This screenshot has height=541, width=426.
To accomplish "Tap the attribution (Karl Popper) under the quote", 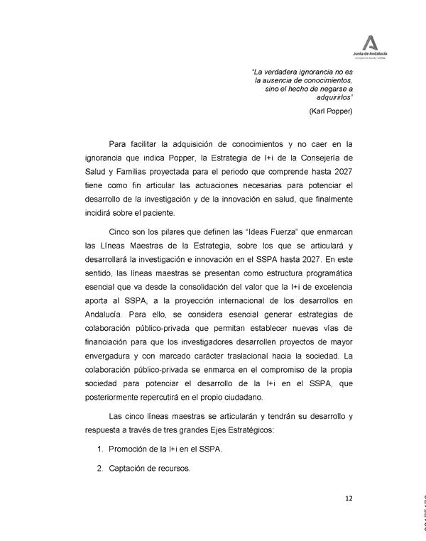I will (x=332, y=112).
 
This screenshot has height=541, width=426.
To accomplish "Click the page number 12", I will (x=349, y=498).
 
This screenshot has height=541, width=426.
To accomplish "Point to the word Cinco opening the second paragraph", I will (x=121, y=233).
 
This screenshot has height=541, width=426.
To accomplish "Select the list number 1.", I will (x=99, y=449).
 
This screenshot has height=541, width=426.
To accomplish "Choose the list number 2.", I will (x=99, y=469).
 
